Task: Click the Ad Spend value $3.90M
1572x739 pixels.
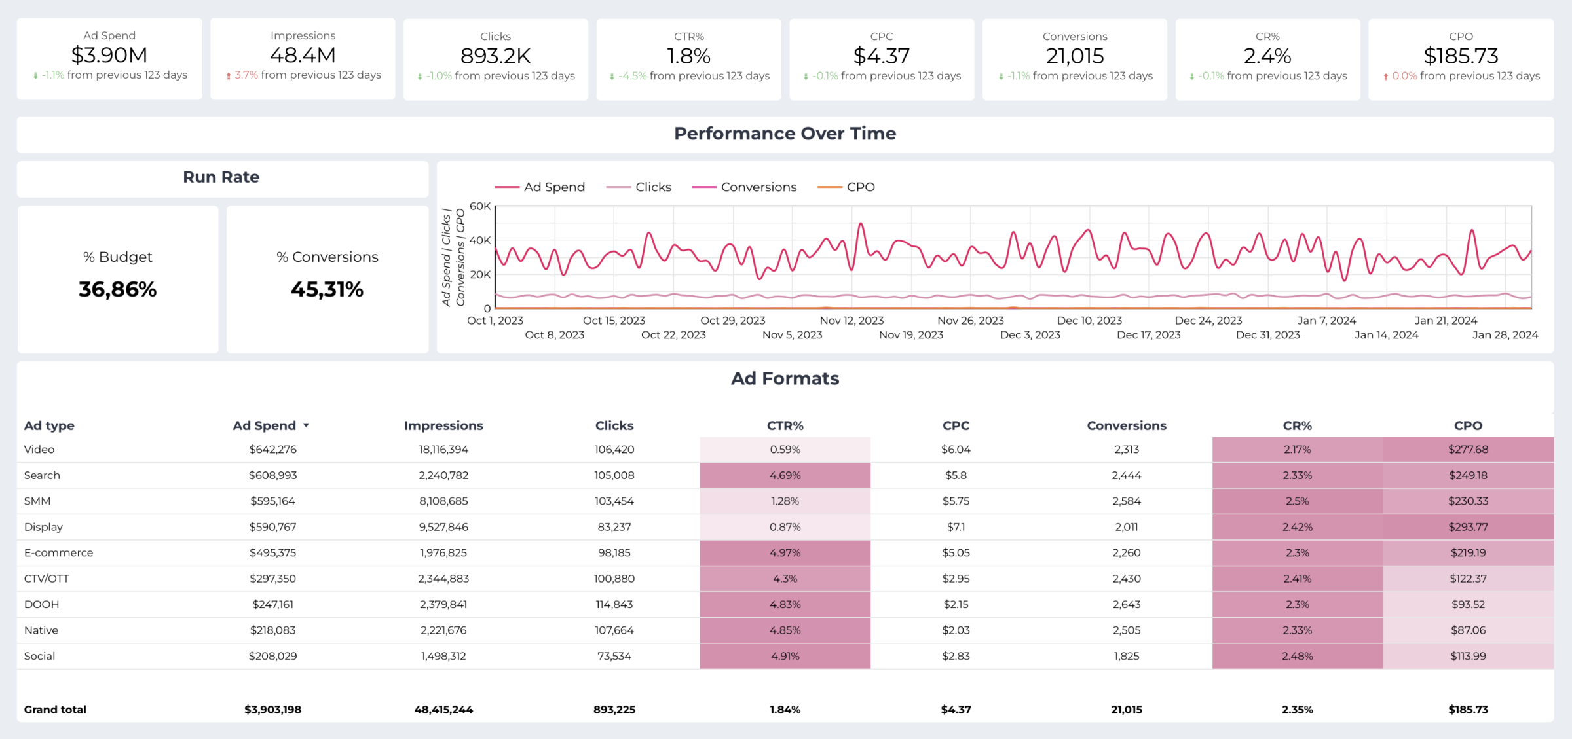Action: tap(109, 55)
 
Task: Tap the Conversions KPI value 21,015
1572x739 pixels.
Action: tap(1074, 56)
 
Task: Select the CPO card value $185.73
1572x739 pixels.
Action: tap(1461, 56)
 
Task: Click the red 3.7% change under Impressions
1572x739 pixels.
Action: tap(246, 75)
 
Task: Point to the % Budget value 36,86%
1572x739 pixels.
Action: tap(118, 289)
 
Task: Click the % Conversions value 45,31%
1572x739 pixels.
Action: tap(327, 289)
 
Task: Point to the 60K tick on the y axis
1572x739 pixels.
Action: tap(480, 206)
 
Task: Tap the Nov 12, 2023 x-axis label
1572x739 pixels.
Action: tap(851, 321)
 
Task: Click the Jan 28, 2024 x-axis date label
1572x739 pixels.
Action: tap(1505, 335)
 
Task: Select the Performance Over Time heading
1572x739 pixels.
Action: tap(785, 134)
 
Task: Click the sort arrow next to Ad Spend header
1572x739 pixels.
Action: tap(306, 425)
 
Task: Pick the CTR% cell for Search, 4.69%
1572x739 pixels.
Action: tap(785, 475)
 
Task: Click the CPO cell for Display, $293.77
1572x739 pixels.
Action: tap(1468, 527)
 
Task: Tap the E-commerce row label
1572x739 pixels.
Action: tap(58, 552)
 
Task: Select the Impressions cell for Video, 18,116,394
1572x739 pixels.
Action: tap(443, 450)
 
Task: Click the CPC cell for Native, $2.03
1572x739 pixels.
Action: tap(956, 630)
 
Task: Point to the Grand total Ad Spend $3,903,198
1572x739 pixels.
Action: tap(272, 710)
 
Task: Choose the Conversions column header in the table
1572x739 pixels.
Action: tap(1126, 425)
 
